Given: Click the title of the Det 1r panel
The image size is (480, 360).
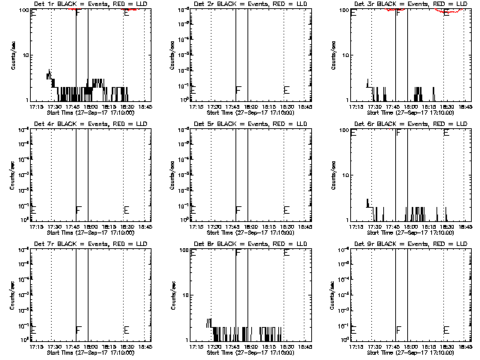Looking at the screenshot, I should point(83,4).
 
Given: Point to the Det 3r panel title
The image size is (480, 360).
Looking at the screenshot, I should point(403,4).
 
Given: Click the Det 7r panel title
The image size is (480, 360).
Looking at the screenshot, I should point(83,244).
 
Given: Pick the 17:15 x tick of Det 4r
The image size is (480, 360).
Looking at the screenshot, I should point(35,226).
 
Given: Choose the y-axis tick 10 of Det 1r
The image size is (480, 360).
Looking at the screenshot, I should point(24,55).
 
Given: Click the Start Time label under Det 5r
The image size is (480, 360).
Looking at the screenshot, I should point(244,232).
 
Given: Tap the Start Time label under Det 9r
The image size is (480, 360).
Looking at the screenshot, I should point(403,352).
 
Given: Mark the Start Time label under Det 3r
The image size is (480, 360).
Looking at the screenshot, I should point(403,112).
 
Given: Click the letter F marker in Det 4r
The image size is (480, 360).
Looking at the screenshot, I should point(78,209).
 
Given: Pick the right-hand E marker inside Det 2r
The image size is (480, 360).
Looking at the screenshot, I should point(286,90).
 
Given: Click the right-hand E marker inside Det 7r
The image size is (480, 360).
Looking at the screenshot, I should point(126,329).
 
